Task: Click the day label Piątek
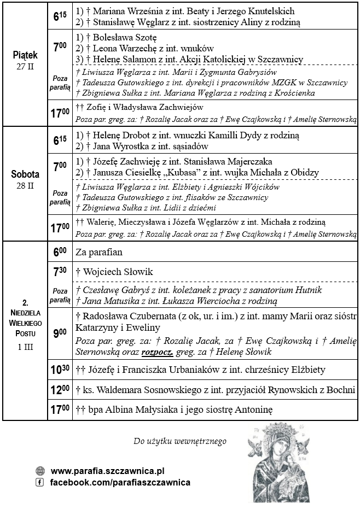tap(25, 55)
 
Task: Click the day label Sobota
tap(25, 175)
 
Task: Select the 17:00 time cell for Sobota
tap(60, 227)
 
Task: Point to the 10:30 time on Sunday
tap(60, 370)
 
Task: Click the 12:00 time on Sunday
tap(60, 390)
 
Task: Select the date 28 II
tap(25, 185)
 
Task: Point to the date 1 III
tap(25, 347)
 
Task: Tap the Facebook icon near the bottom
tap(39, 482)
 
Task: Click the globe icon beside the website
tap(39, 471)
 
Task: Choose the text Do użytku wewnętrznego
tap(179, 441)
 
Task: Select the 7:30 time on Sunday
tap(60, 272)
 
